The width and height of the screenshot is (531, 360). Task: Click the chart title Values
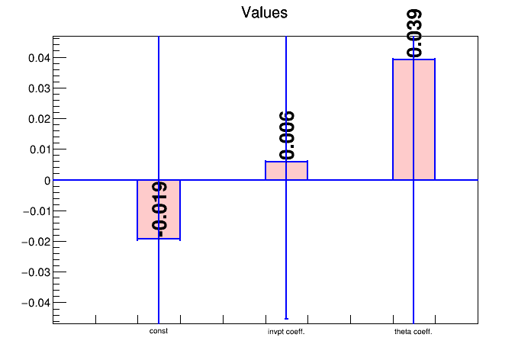tap(265, 12)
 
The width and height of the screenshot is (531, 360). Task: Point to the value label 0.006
tap(287, 135)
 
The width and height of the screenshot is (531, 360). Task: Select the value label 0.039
tap(414, 33)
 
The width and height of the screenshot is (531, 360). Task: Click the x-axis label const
tap(159, 331)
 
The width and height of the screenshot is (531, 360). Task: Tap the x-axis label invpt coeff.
tap(286, 332)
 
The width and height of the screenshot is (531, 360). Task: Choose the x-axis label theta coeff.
tap(414, 332)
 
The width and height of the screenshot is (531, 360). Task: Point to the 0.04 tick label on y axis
tap(38, 58)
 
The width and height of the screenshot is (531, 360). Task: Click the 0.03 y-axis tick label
tap(38, 88)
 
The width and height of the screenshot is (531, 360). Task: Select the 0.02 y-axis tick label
tap(38, 119)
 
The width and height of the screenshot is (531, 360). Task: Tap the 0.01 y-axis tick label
tap(38, 149)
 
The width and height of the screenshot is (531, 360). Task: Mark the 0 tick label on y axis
tap(47, 181)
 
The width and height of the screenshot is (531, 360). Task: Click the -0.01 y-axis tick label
tap(37, 211)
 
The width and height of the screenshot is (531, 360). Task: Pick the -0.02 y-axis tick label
tap(37, 242)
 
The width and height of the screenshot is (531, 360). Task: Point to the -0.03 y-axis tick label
tap(37, 272)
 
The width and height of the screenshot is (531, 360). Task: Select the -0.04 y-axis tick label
tap(37, 303)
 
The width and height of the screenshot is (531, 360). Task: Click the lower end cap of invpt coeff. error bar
tap(286, 319)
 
